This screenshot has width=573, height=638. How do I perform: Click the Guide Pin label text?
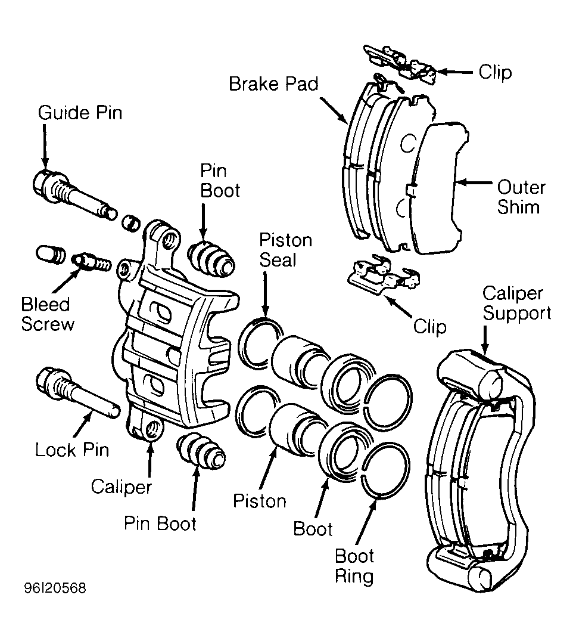[x=80, y=113]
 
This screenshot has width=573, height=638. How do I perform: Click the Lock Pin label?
[x=72, y=450]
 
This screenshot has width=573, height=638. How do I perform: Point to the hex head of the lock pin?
[x=47, y=380]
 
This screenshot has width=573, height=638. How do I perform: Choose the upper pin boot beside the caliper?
[x=211, y=259]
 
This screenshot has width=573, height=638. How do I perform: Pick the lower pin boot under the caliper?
[x=201, y=451]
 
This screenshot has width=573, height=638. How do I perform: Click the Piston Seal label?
[x=285, y=250]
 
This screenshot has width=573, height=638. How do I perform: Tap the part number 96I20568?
[x=55, y=588]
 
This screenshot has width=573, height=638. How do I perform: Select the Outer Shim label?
[x=521, y=197]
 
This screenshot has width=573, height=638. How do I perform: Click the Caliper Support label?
[x=516, y=303]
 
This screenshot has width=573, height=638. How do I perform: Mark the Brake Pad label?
[x=273, y=84]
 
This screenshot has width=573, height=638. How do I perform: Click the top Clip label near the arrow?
[x=494, y=72]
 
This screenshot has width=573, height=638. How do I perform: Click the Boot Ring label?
[x=354, y=566]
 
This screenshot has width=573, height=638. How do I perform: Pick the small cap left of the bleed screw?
[x=50, y=254]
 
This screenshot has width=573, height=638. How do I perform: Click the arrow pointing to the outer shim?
[x=474, y=183]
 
